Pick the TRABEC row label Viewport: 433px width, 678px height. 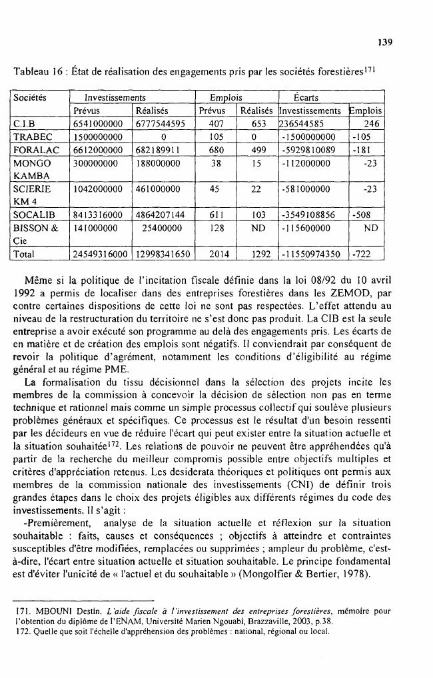(32, 135)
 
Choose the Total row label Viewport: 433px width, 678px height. (25, 254)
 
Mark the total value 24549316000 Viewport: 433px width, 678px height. (101, 254)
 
